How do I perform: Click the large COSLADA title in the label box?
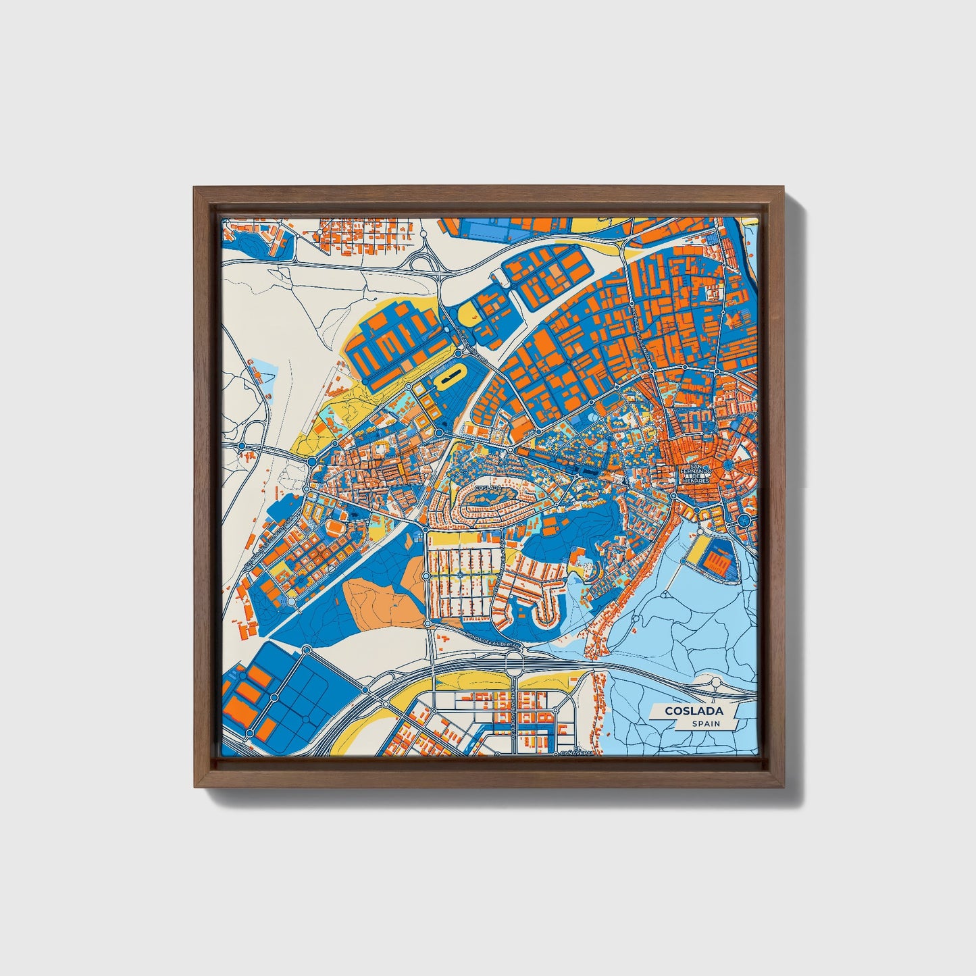pos(694,711)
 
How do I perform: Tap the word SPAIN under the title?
pos(705,723)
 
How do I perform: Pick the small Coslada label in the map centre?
pos(488,487)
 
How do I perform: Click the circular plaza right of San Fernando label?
pos(744,521)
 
